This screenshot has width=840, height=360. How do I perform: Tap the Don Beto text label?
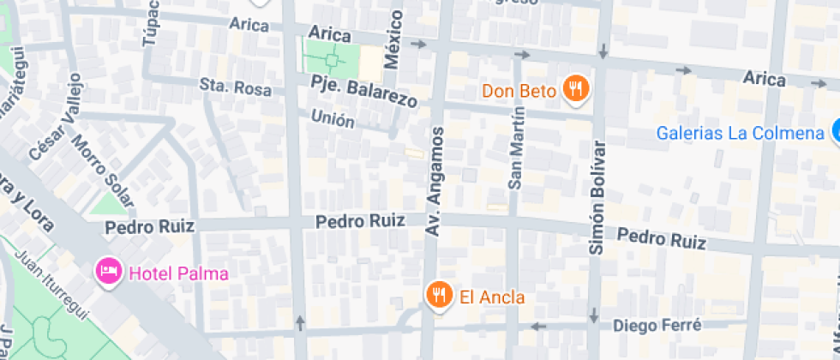tap(519, 90)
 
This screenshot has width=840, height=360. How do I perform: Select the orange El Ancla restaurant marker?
tap(439, 296)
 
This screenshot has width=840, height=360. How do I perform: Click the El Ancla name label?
tap(492, 297)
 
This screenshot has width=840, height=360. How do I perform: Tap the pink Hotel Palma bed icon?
tap(108, 273)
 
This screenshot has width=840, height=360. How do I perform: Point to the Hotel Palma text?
tap(178, 274)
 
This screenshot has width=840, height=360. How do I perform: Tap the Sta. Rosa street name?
tap(235, 87)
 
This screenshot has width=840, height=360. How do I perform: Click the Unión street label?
tap(333, 118)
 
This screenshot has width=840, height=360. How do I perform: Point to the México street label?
tap(393, 41)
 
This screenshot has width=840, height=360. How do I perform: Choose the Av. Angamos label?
tap(435, 182)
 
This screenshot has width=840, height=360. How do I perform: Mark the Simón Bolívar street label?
tap(597, 196)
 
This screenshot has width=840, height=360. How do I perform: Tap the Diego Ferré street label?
tap(659, 325)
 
